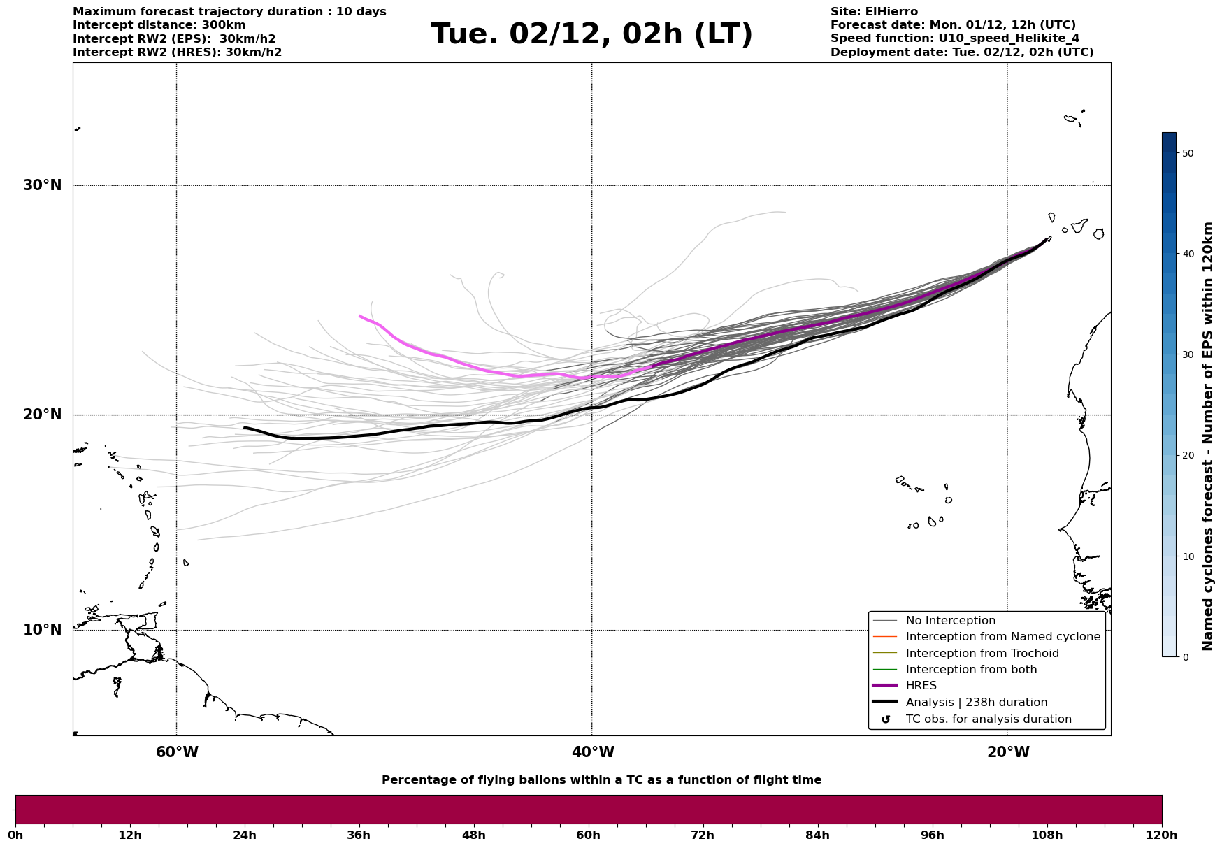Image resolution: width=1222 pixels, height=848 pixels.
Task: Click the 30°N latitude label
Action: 42,185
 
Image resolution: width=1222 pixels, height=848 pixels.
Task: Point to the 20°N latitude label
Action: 42,415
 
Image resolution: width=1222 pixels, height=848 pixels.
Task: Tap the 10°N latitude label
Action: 42,630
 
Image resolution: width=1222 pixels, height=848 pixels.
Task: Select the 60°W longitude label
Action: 177,752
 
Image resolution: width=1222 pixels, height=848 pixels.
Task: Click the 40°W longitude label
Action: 592,752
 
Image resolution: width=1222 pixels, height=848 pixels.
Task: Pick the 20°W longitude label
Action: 1007,752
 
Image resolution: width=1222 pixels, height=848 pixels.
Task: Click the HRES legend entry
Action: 921,686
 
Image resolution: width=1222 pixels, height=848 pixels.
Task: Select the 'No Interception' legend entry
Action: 950,621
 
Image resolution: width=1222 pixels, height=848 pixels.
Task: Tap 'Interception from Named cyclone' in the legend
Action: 1002,637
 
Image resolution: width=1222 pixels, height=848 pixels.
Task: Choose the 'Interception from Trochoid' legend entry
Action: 982,654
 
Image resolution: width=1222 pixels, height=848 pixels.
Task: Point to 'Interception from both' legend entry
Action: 971,670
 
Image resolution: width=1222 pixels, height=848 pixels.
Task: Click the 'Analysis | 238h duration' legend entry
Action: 976,703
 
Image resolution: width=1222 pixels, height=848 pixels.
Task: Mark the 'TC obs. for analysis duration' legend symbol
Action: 886,719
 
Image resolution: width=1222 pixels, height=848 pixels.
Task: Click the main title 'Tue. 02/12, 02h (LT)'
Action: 591,34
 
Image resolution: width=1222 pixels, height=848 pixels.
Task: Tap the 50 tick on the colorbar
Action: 1187,153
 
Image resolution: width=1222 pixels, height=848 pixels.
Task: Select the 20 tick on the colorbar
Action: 1187,456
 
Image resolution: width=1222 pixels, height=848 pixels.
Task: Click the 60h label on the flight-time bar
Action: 588,835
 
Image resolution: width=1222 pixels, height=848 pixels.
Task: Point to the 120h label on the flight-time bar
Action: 1161,835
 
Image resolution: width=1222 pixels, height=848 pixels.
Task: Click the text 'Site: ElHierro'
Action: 874,12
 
